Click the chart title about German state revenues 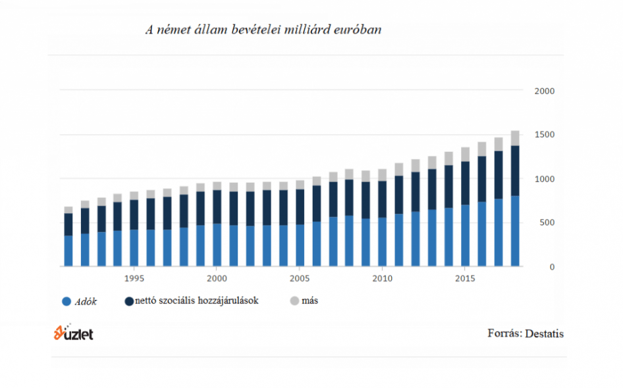[263, 30]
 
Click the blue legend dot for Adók [66, 302]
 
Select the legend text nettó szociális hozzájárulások [196, 301]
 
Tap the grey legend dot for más [294, 301]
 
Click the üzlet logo [74, 333]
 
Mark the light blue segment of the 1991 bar [68, 251]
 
